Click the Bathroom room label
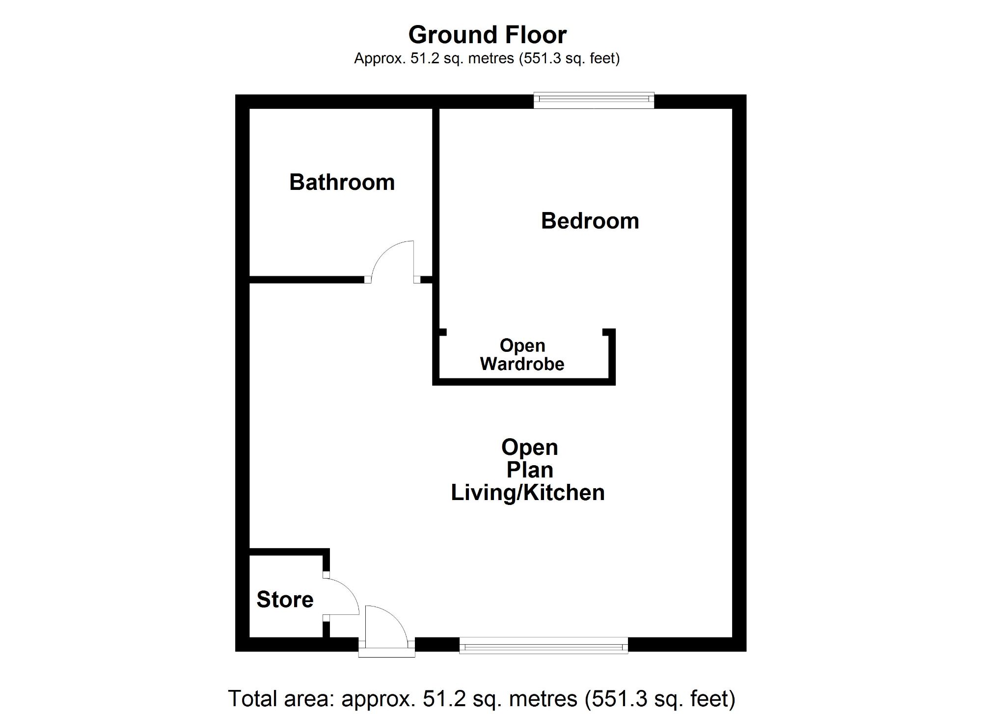[x=342, y=183]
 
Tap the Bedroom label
[x=590, y=221]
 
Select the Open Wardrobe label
[x=522, y=355]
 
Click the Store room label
[x=285, y=600]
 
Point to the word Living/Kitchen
[x=528, y=493]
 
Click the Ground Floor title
[x=487, y=35]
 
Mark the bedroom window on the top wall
[x=594, y=101]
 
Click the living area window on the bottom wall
[x=544, y=645]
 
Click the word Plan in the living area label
[x=530, y=470]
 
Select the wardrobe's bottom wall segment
[x=523, y=382]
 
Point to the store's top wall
[x=289, y=552]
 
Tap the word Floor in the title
[x=531, y=35]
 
